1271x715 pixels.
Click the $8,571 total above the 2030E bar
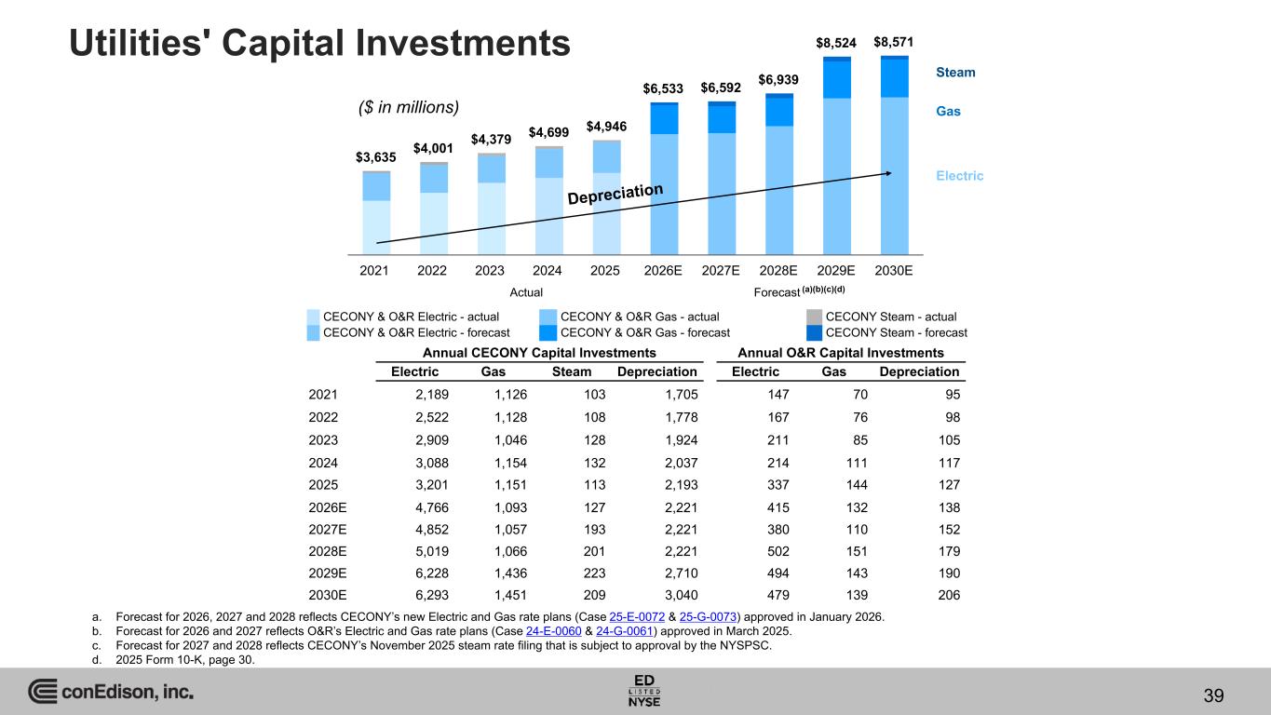(x=893, y=42)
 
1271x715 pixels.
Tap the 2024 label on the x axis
(x=547, y=271)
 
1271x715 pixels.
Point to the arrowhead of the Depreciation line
(x=888, y=174)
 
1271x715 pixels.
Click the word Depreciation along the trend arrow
(x=615, y=194)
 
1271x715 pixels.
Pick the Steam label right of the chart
(x=955, y=72)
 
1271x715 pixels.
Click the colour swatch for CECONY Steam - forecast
(x=814, y=332)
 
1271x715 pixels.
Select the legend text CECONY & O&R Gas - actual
(x=640, y=317)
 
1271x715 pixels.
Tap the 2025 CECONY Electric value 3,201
(x=432, y=485)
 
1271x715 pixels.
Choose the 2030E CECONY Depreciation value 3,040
(x=681, y=595)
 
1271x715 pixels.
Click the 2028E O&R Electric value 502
(x=777, y=551)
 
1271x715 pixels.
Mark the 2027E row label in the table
(x=328, y=530)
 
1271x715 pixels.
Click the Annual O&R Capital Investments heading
(x=840, y=353)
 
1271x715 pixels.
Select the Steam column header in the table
(x=572, y=371)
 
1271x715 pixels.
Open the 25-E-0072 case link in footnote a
(x=637, y=617)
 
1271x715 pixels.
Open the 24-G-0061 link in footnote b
(x=625, y=631)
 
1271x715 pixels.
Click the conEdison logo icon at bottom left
(x=43, y=691)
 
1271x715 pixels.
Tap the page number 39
(x=1213, y=695)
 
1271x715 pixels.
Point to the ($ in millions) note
(x=409, y=107)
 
